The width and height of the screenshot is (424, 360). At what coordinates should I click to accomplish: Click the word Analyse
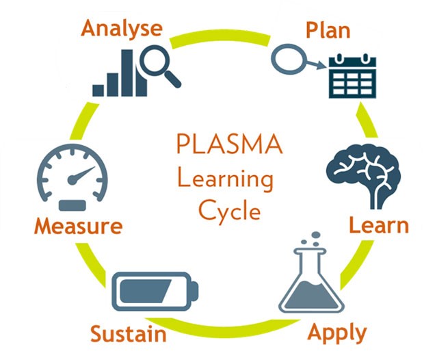point(122,29)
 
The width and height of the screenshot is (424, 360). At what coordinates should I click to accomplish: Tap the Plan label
point(328,29)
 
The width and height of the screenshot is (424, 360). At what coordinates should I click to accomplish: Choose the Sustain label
point(128,335)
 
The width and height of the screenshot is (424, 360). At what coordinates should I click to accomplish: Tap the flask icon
point(313,281)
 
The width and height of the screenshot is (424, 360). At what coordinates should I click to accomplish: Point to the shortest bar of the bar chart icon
point(98,90)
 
